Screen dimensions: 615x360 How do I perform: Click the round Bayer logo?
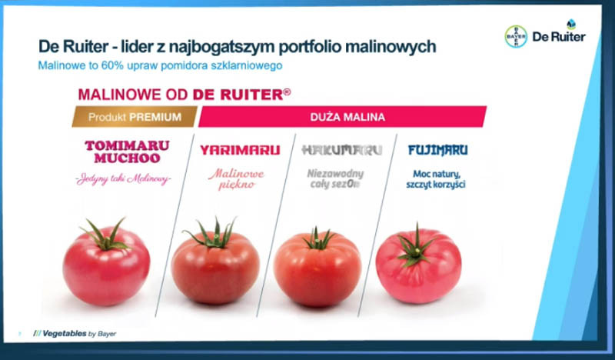(516, 36)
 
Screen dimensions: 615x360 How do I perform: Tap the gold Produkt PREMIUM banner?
(135, 117)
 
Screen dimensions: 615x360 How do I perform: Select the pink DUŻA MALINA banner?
(342, 117)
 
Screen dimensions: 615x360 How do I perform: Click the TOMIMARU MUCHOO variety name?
(127, 152)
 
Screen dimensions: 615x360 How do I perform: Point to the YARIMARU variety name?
(240, 150)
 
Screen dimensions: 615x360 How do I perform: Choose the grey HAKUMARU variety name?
(341, 150)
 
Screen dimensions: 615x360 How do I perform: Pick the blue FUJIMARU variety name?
(437, 150)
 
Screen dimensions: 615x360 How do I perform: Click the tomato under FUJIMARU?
(418, 264)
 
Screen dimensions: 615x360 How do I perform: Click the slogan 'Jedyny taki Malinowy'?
(124, 179)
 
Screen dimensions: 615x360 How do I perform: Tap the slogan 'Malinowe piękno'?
(237, 179)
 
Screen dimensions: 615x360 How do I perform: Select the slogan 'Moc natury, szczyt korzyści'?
(436, 179)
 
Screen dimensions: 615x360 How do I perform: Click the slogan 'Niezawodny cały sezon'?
(335, 179)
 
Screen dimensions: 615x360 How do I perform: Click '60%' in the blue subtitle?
(112, 65)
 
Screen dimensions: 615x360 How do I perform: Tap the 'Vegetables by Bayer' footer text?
(75, 334)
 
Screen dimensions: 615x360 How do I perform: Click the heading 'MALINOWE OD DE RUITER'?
(184, 94)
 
